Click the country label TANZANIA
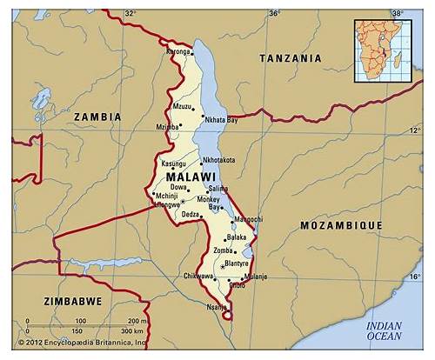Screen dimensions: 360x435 291,58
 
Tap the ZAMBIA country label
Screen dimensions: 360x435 98,116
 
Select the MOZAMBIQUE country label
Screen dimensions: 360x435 341,224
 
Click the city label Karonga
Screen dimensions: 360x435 177,51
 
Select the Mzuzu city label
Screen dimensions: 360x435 182,107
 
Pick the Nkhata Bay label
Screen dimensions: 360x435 221,120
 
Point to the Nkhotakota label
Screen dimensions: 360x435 218,160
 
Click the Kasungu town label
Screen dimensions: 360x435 174,163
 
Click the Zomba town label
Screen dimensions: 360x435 224,250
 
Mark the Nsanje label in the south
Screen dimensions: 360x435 217,306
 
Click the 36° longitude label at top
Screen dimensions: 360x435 274,13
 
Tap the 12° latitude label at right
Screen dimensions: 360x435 415,130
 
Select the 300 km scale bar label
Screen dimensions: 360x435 131,331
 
